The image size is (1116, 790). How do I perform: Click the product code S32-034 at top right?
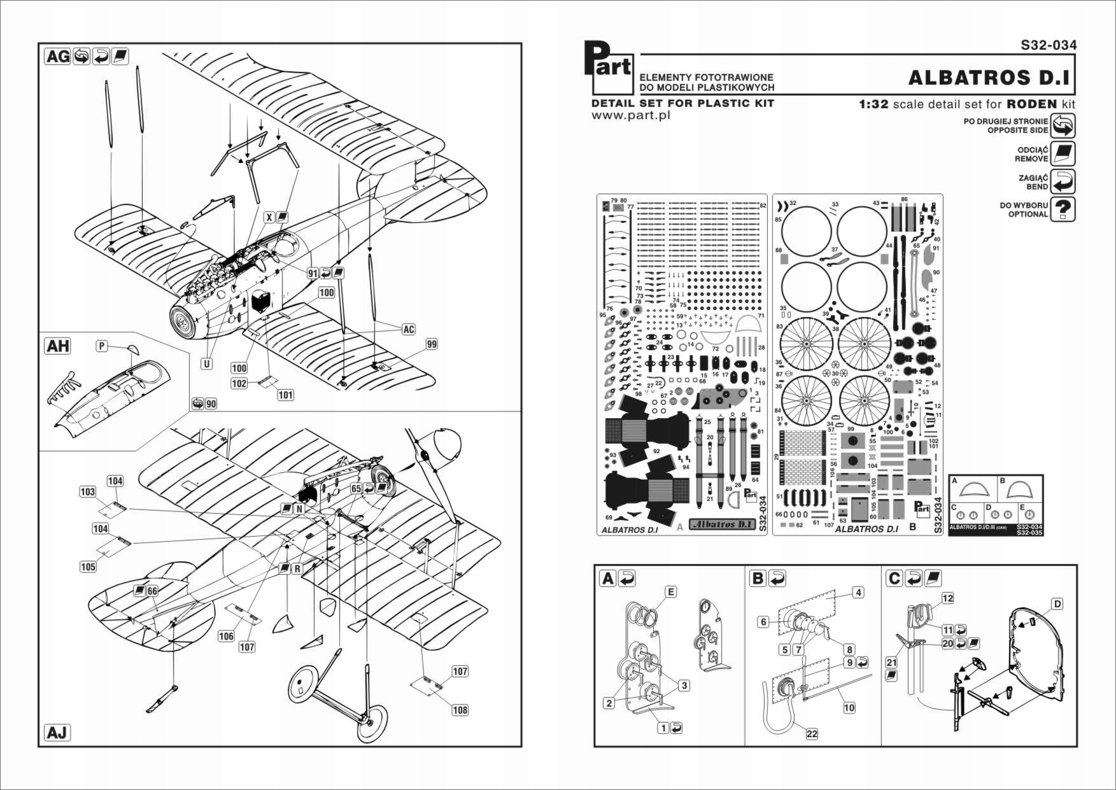(1049, 45)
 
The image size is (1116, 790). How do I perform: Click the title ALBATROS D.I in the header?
(989, 78)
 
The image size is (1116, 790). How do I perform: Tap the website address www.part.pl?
(630, 115)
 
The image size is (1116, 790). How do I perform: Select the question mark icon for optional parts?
(1063, 209)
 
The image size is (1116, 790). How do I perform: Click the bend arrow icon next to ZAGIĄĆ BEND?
(1063, 181)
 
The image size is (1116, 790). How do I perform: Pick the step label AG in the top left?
(58, 57)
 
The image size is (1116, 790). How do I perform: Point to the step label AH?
(58, 346)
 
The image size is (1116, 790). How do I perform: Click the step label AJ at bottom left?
(57, 733)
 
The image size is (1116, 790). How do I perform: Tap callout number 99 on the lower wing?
(432, 344)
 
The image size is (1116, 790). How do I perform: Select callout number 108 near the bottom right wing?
(460, 710)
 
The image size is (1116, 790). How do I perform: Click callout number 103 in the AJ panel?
(87, 491)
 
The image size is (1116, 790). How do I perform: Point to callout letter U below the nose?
(207, 363)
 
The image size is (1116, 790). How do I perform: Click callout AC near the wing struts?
(409, 329)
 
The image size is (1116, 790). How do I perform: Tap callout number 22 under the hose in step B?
(812, 733)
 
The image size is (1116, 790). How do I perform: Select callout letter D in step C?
(1057, 603)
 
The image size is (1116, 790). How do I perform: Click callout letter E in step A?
(670, 591)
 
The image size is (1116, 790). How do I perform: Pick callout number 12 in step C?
(947, 598)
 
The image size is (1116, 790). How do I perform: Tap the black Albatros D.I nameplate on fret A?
(722, 524)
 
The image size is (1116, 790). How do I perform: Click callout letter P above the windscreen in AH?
(101, 346)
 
